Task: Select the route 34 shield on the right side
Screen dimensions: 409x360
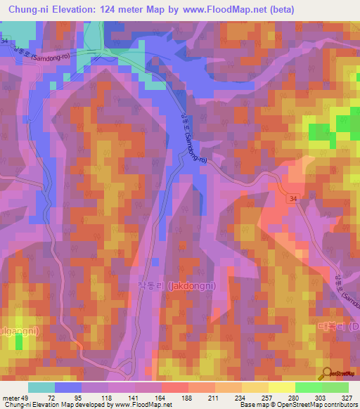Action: (x=292, y=201)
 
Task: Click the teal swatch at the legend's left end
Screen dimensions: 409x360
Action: (x=41, y=387)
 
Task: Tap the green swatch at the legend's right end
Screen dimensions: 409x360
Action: (x=335, y=387)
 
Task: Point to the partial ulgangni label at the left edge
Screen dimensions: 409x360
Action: (x=18, y=330)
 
